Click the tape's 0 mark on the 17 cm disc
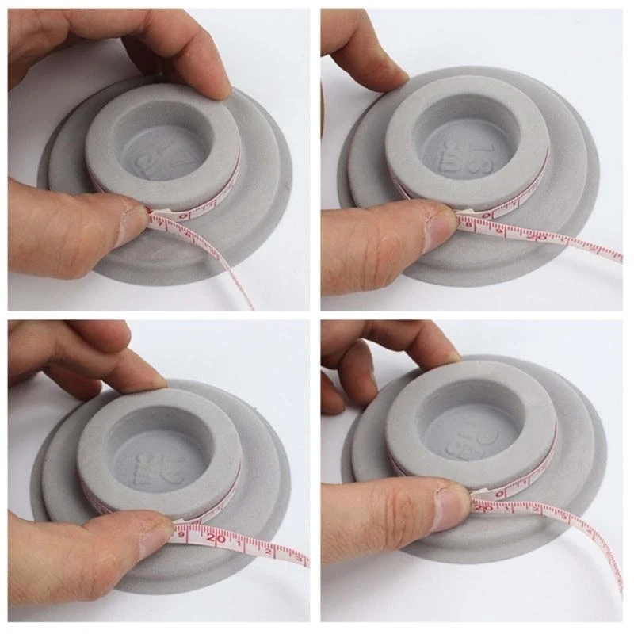click(x=184, y=214)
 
